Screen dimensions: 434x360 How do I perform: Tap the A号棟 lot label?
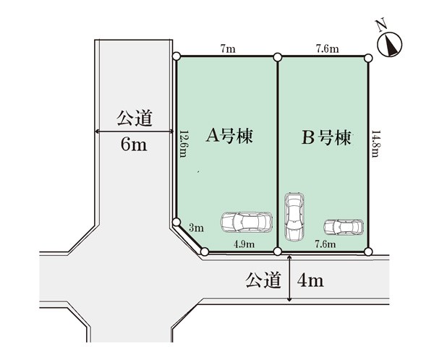[x=229, y=136]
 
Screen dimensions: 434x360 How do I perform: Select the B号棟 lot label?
[x=326, y=137]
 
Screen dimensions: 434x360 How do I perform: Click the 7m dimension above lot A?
[x=228, y=49]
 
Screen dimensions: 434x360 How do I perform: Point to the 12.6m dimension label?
[x=183, y=144]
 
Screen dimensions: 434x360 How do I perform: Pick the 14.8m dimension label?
[x=375, y=144]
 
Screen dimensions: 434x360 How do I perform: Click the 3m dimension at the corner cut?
[x=196, y=228]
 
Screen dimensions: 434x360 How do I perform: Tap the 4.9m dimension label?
[x=244, y=244]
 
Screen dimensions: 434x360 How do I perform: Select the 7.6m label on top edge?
[x=328, y=49]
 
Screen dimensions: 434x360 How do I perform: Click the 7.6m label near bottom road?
[x=325, y=244]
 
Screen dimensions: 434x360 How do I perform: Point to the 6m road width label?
[x=134, y=144]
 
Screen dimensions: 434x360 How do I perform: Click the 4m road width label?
[x=310, y=280]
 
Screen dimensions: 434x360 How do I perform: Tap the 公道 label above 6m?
[x=135, y=119]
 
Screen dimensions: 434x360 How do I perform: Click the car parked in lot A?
[x=247, y=222]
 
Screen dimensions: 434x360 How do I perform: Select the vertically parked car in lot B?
[x=294, y=216]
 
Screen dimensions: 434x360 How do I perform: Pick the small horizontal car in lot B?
[x=344, y=227]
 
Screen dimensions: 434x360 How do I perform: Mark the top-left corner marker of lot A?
[x=176, y=56]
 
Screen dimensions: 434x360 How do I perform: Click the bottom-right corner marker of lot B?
[x=368, y=252]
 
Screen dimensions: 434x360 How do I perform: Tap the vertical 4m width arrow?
[x=289, y=278]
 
